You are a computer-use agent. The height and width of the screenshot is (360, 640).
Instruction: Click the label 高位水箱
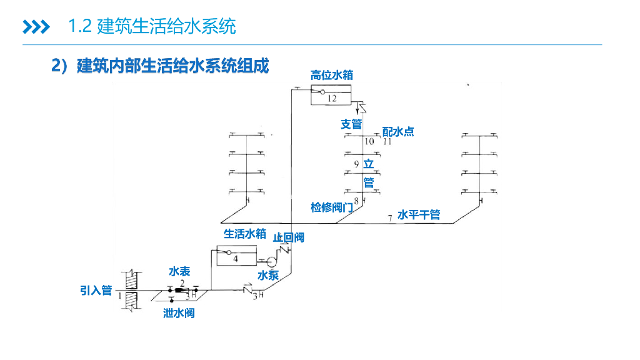click(x=331, y=76)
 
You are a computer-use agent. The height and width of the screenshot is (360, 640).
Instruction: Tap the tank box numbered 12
click(x=331, y=96)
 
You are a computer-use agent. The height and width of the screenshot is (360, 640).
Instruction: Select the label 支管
click(x=351, y=124)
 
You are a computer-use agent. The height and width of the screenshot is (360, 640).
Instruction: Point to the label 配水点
click(x=398, y=132)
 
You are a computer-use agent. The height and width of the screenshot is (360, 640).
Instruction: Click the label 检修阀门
click(x=331, y=207)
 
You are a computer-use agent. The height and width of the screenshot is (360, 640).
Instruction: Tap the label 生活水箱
click(x=245, y=234)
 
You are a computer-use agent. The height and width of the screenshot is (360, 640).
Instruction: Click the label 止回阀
click(x=288, y=237)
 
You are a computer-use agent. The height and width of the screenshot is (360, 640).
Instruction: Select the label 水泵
click(x=268, y=275)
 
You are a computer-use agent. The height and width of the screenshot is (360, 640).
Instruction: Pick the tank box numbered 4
click(x=236, y=256)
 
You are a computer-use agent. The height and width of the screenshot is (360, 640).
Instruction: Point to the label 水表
click(x=179, y=271)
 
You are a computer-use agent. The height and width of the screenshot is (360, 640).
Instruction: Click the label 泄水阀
click(x=179, y=312)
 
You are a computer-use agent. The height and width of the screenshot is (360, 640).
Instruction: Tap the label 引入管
click(x=96, y=291)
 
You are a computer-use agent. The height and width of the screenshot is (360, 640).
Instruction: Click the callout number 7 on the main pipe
click(x=389, y=218)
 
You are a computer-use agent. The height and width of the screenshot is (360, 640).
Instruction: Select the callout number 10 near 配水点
click(x=369, y=142)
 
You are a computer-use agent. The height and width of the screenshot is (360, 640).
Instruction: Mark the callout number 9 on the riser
click(x=356, y=164)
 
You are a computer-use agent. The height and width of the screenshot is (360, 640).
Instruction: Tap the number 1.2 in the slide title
click(x=81, y=26)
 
